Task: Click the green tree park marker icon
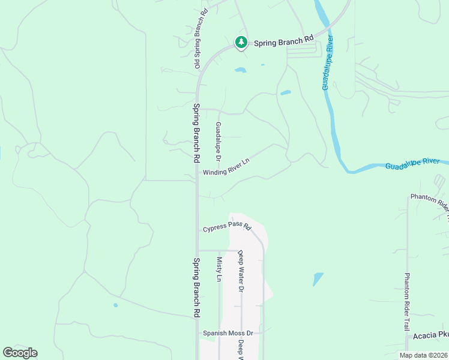241,42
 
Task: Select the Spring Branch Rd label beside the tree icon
283,42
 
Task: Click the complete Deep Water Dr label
241,271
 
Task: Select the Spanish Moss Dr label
228,333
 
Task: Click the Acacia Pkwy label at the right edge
431,337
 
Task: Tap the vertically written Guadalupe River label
328,63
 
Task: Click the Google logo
20,353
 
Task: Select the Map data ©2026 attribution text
423,355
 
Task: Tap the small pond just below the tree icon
240,70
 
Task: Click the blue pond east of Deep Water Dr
318,279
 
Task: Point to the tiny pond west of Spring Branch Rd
115,305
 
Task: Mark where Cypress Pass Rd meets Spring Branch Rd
197,229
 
